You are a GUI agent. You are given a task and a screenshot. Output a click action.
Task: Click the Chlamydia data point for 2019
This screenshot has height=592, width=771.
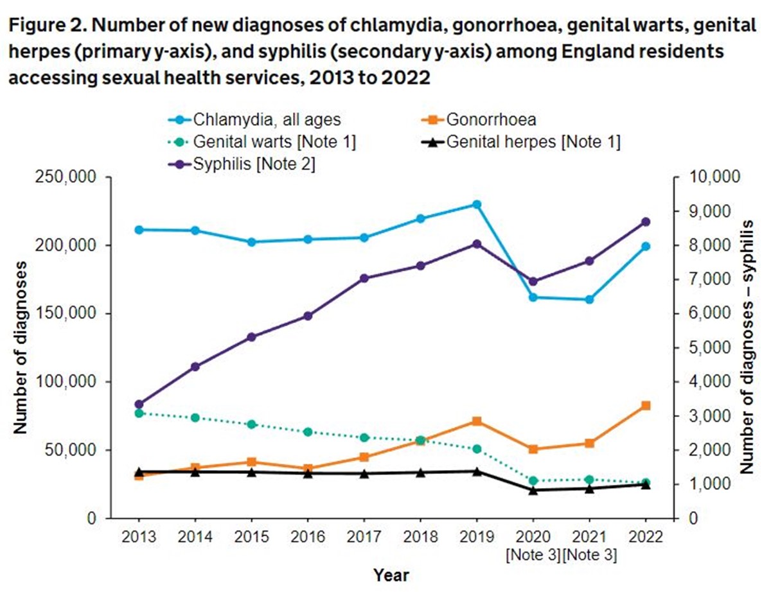[477, 204]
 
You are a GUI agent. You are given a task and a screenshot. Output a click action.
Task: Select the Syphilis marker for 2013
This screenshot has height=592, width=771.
[138, 405]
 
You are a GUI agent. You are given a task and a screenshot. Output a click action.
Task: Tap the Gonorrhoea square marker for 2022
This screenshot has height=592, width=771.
[646, 405]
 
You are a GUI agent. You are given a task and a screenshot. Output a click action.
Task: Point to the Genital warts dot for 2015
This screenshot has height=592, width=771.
[251, 424]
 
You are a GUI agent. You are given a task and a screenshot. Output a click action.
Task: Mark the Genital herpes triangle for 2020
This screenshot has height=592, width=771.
[533, 490]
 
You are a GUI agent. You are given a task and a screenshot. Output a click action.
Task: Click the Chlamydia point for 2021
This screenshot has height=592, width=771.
[590, 300]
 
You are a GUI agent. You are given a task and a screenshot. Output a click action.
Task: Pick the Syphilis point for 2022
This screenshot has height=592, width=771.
[646, 222]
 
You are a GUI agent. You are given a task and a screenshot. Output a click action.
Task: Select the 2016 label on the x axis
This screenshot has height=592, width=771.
[308, 537]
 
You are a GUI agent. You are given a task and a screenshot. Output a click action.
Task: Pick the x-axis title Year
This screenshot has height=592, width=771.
[391, 575]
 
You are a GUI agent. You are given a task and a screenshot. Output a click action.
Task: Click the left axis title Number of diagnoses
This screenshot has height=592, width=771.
[21, 347]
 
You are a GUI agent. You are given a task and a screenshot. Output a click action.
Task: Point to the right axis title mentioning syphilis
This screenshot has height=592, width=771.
[747, 347]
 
